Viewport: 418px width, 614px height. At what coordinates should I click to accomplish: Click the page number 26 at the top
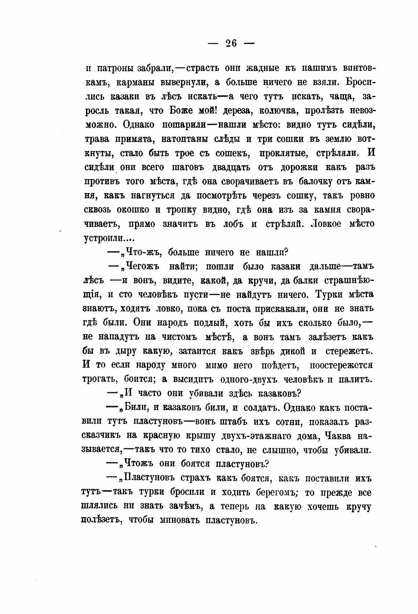click(x=231, y=44)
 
